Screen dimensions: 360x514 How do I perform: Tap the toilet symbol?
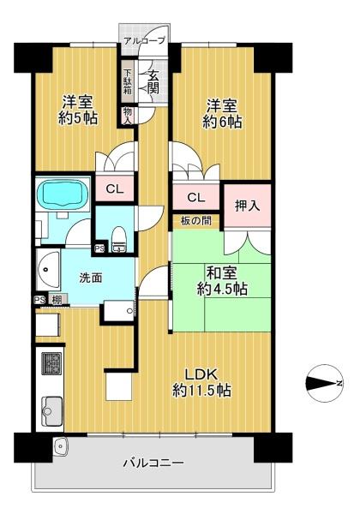point(118,240)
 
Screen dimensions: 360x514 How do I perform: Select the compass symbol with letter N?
point(324,383)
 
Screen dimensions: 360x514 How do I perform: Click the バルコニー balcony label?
point(153,463)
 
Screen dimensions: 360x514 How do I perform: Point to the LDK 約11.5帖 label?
point(201,382)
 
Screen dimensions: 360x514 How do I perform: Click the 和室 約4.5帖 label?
point(222,281)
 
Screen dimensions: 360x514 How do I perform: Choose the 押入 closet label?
point(247,206)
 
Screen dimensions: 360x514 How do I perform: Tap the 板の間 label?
point(195,221)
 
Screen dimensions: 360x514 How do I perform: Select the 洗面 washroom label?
point(91,278)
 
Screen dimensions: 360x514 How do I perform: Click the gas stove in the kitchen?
point(51,363)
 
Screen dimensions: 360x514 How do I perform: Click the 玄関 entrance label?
point(153,82)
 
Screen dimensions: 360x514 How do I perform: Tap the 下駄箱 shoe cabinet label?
point(128,81)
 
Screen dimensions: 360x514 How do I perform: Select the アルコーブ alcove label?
point(145,40)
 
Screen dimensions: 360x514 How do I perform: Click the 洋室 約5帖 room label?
point(78,110)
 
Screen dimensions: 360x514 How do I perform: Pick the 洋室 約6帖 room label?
point(222,113)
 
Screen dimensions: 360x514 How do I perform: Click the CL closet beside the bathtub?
point(115,188)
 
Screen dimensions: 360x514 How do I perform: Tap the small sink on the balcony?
point(60,445)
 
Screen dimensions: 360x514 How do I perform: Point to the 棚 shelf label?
point(57,300)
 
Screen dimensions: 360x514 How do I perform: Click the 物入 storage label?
point(128,116)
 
